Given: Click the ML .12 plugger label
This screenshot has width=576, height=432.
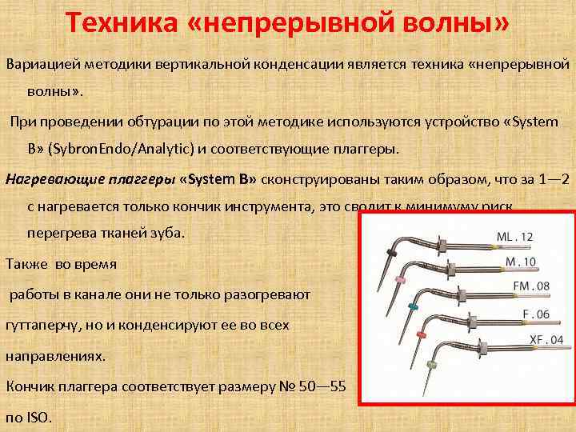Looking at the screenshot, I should [x=514, y=237].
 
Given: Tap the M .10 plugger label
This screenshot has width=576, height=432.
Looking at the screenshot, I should [x=520, y=262].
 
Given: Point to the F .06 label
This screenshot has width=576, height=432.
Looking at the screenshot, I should [x=535, y=314].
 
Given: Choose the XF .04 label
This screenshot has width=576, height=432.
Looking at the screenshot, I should [x=546, y=340].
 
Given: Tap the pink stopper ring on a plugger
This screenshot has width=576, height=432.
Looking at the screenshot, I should [x=399, y=280].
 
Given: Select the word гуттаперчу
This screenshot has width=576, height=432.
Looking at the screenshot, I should [x=48, y=326].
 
